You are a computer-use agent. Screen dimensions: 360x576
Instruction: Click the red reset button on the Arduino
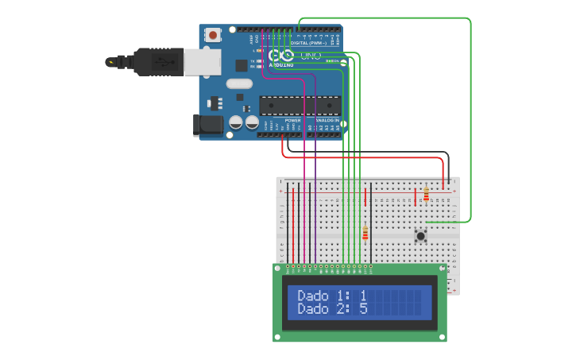(x=213, y=35)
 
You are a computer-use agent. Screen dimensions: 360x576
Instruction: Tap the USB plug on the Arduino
(x=159, y=61)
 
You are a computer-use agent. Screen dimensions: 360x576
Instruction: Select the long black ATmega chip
(x=300, y=105)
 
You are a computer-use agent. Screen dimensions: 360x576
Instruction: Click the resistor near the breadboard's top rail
(x=426, y=193)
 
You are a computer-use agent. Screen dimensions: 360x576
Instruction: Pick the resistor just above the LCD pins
(x=365, y=233)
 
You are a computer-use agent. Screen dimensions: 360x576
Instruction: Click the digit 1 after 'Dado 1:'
(x=363, y=296)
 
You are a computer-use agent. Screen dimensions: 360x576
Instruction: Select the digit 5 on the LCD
(x=363, y=308)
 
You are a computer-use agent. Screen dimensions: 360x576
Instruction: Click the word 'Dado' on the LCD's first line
(x=313, y=296)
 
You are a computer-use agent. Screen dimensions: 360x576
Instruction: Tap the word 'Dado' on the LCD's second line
(x=313, y=308)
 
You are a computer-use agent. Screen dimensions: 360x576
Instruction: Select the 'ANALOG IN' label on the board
(x=326, y=120)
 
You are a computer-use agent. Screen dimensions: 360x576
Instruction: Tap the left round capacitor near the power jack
(x=236, y=122)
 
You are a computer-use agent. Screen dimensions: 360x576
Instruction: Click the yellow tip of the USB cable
(x=110, y=60)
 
